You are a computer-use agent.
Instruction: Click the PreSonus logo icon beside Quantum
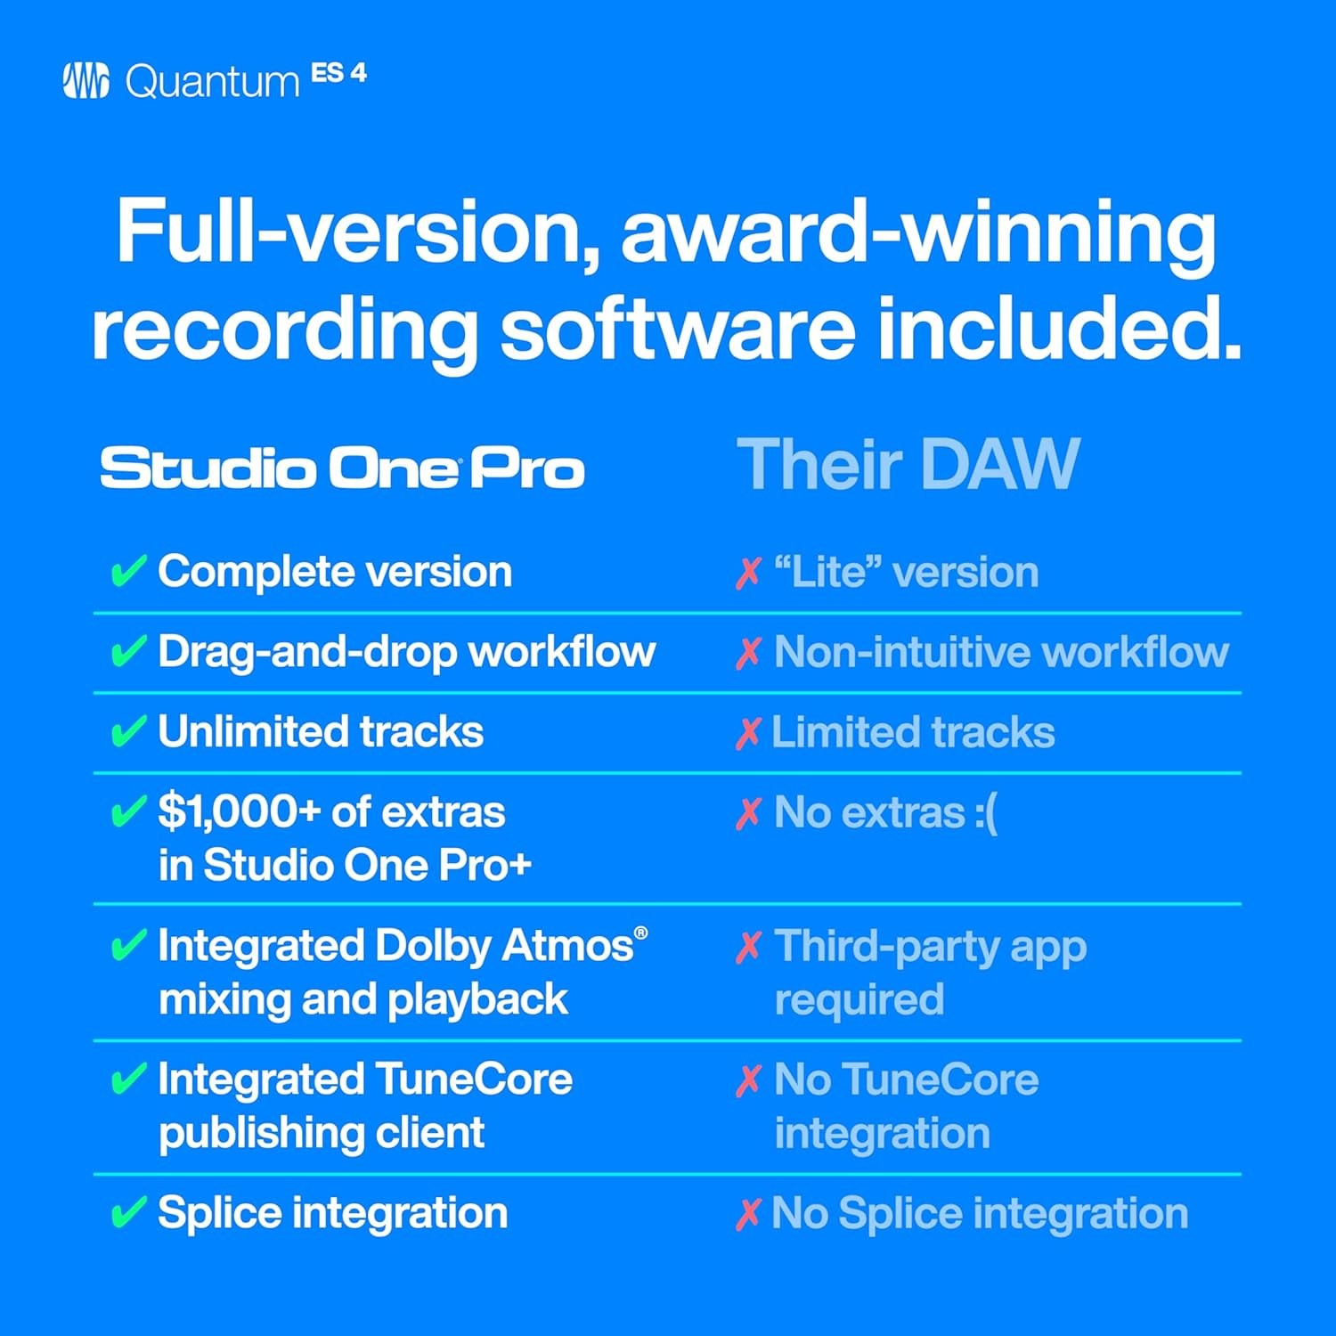point(86,81)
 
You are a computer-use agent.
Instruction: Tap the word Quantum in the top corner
point(212,83)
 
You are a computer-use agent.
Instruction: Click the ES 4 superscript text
point(338,73)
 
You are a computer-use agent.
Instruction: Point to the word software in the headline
point(677,329)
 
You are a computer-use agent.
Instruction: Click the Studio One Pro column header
point(342,468)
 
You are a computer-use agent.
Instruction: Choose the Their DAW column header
point(908,464)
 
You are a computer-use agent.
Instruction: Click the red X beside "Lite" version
point(749,573)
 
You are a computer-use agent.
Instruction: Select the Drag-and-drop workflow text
point(406,652)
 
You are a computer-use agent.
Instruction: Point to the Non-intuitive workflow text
point(1001,652)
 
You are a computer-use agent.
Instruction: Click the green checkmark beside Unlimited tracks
point(127,732)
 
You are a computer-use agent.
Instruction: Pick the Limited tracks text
point(913,732)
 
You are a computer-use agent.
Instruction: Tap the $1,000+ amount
point(239,811)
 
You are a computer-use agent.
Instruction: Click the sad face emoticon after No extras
point(985,813)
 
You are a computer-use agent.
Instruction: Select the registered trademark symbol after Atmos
point(640,933)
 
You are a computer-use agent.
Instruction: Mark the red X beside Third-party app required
point(749,948)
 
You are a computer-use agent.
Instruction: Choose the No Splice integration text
point(980,1213)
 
